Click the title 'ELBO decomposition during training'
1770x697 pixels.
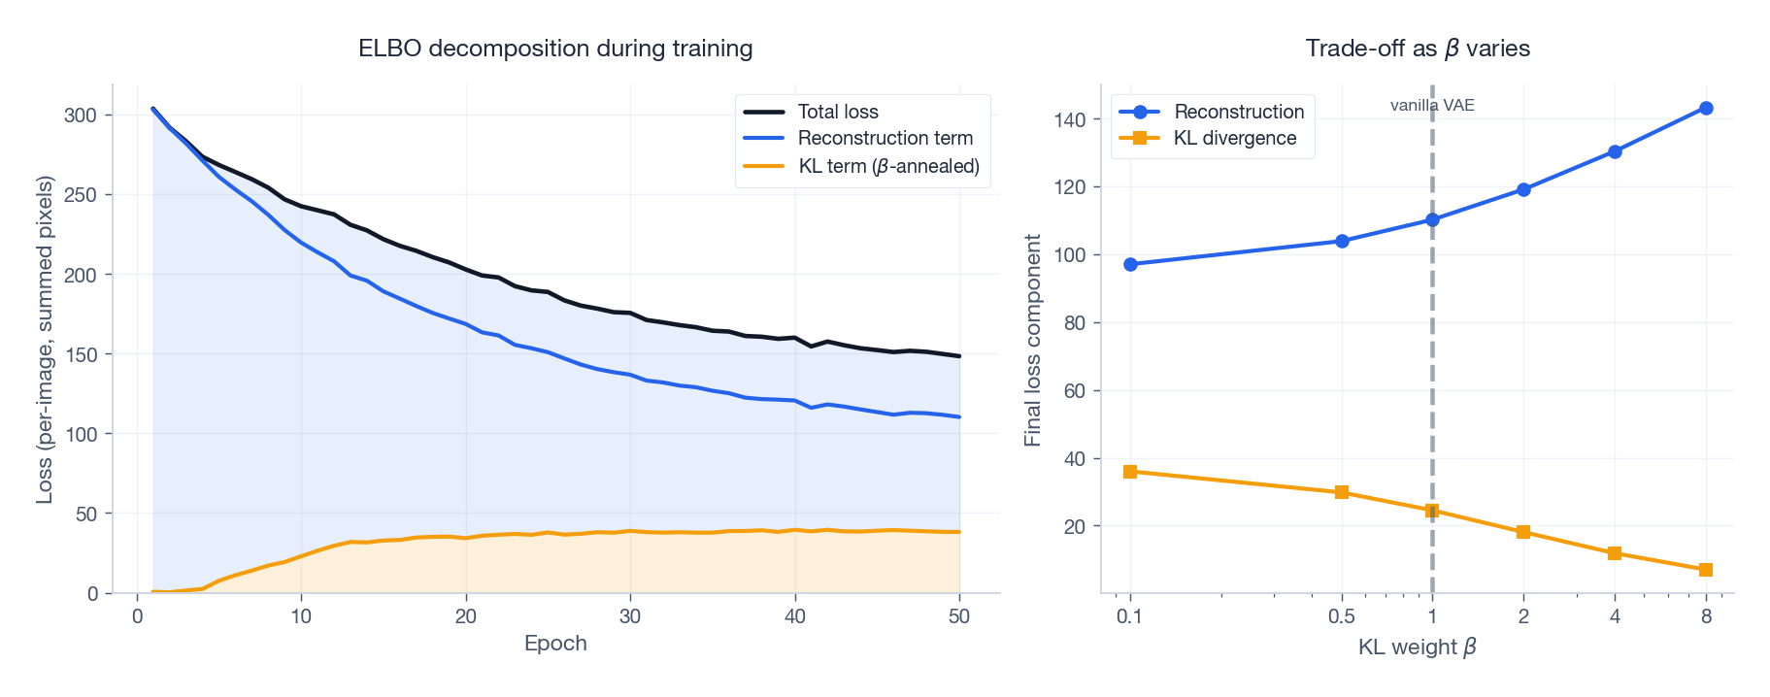555,49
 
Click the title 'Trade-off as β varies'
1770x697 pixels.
1417,49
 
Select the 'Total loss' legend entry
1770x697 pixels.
837,112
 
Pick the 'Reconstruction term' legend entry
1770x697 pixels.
885,138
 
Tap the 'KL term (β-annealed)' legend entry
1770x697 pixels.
888,166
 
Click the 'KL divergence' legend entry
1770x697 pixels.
1234,138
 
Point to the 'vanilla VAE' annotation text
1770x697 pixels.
1431,105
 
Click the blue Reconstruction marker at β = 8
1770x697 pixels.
1706,109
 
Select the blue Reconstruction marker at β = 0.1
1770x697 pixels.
1130,264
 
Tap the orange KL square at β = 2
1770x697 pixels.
1523,532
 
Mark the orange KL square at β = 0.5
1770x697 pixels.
1342,492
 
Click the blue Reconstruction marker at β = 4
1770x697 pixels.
1615,151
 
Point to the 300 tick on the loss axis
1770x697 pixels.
81,116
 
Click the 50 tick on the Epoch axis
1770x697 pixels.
959,616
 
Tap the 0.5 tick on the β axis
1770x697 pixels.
1342,616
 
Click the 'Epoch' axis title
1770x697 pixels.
555,643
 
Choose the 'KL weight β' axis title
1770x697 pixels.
1417,647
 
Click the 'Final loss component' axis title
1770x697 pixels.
1032,340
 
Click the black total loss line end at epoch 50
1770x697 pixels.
958,356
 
